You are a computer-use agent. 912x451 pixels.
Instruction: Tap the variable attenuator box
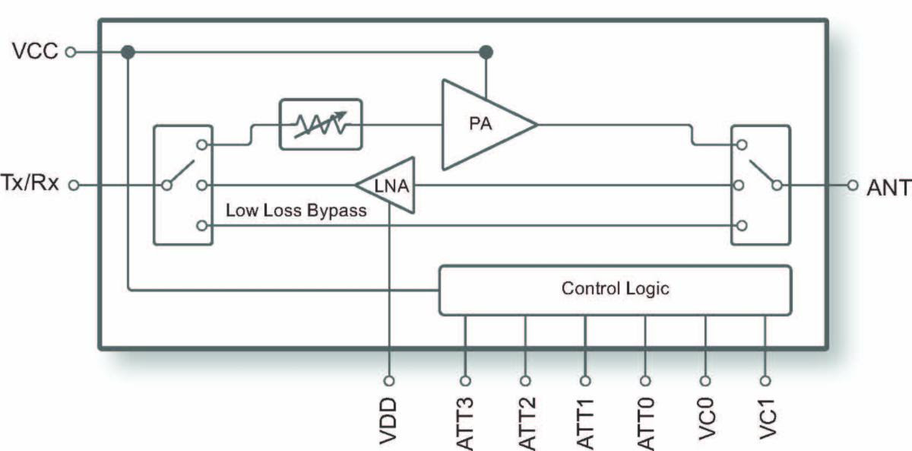[x=320, y=122]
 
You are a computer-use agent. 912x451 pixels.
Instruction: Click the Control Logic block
[x=616, y=290]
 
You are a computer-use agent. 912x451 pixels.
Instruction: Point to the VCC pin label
[x=35, y=52]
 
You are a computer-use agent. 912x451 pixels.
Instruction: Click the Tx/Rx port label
[x=32, y=185]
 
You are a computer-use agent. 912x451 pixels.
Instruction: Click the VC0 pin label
[x=705, y=418]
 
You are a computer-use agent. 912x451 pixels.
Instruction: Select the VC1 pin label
[x=765, y=418]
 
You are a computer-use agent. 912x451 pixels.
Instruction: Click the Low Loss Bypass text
[x=296, y=211]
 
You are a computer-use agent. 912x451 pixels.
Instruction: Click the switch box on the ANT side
[x=760, y=185]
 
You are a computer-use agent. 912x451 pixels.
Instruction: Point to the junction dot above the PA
[x=486, y=52]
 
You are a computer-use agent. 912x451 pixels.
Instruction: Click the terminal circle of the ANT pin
[x=853, y=185]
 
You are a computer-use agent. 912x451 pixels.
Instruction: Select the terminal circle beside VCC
[x=71, y=52]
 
